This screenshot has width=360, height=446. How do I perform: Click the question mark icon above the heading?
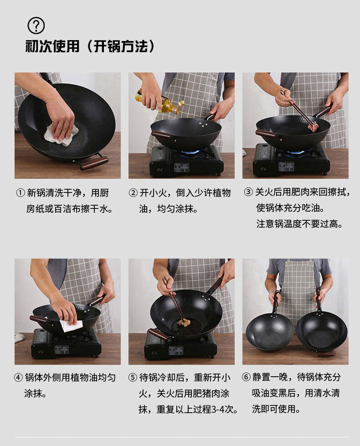click(x=36, y=26)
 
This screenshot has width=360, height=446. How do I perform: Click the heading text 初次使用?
click(x=52, y=46)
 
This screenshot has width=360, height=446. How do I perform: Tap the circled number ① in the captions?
click(x=21, y=193)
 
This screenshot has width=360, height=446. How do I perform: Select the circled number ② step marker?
click(x=133, y=193)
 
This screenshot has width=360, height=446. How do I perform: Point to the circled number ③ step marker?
click(x=248, y=192)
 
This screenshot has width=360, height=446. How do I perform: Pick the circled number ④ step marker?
click(x=18, y=378)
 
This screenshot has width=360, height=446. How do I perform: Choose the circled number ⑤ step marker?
click(x=133, y=378)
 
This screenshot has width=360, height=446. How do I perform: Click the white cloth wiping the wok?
click(x=61, y=134)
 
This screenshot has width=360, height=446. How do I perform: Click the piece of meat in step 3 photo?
click(x=313, y=127)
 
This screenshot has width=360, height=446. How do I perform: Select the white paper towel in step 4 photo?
click(x=72, y=326)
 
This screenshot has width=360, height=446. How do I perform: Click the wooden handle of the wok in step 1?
click(x=94, y=163)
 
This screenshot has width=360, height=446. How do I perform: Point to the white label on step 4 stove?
click(x=62, y=349)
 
